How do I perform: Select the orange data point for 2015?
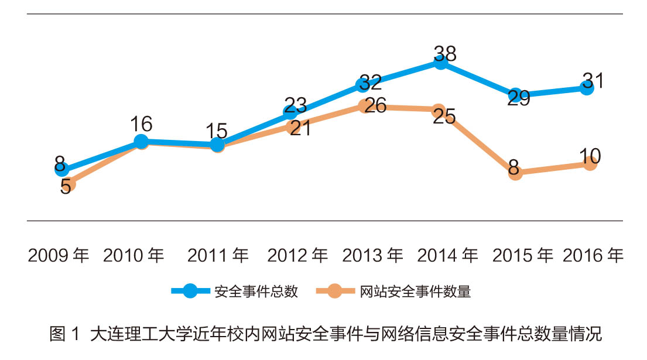(x=515, y=173)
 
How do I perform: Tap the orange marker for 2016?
(x=590, y=163)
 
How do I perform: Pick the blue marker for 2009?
(x=61, y=169)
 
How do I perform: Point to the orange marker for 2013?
(x=365, y=107)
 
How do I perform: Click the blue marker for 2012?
(x=290, y=112)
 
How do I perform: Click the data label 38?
(x=445, y=53)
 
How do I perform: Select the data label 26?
(x=375, y=106)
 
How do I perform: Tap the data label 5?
(x=66, y=187)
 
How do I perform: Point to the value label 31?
(x=593, y=80)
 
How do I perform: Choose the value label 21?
(x=300, y=128)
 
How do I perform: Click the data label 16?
(x=141, y=124)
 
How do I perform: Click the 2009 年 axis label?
(x=59, y=256)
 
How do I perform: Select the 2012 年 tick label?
(x=297, y=256)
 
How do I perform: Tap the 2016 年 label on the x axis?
(x=593, y=256)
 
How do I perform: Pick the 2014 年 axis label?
(x=447, y=256)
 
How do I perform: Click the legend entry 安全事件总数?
(x=256, y=292)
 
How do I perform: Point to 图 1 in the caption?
(x=64, y=335)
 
